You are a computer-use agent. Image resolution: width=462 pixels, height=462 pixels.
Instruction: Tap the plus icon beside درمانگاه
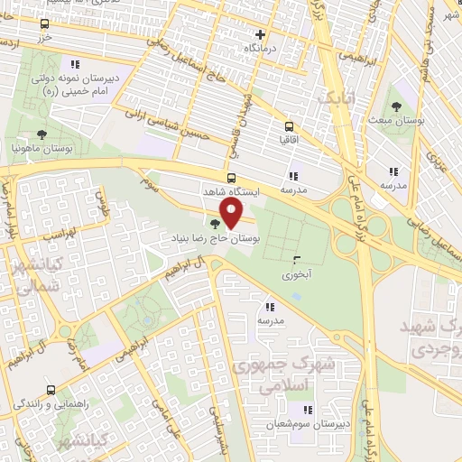[x=261, y=33]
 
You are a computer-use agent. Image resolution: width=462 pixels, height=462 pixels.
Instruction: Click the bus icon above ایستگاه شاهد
[x=231, y=178]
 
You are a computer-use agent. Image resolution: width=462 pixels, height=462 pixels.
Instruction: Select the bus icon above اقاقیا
[x=289, y=127]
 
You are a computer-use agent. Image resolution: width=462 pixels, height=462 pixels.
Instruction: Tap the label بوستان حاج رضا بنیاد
[x=215, y=239]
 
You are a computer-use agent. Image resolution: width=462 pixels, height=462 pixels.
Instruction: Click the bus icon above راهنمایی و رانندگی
[x=50, y=391]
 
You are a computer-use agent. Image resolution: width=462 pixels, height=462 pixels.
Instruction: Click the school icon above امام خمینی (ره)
[x=74, y=64]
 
